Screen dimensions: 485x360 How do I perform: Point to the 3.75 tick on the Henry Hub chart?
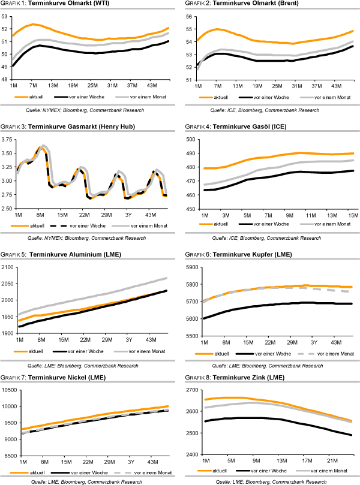8,139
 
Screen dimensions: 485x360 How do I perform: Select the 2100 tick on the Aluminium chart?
8,267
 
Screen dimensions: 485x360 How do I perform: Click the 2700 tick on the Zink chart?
193,390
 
